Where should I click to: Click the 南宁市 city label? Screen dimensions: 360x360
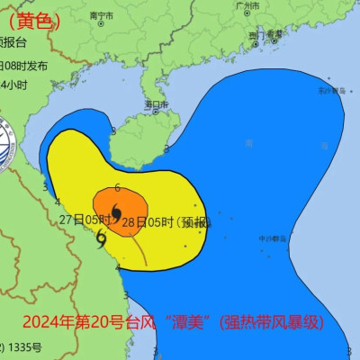(x=100, y=16)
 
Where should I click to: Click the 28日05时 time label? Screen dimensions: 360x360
(x=148, y=221)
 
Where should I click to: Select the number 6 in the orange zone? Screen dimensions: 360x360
(x=118, y=188)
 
